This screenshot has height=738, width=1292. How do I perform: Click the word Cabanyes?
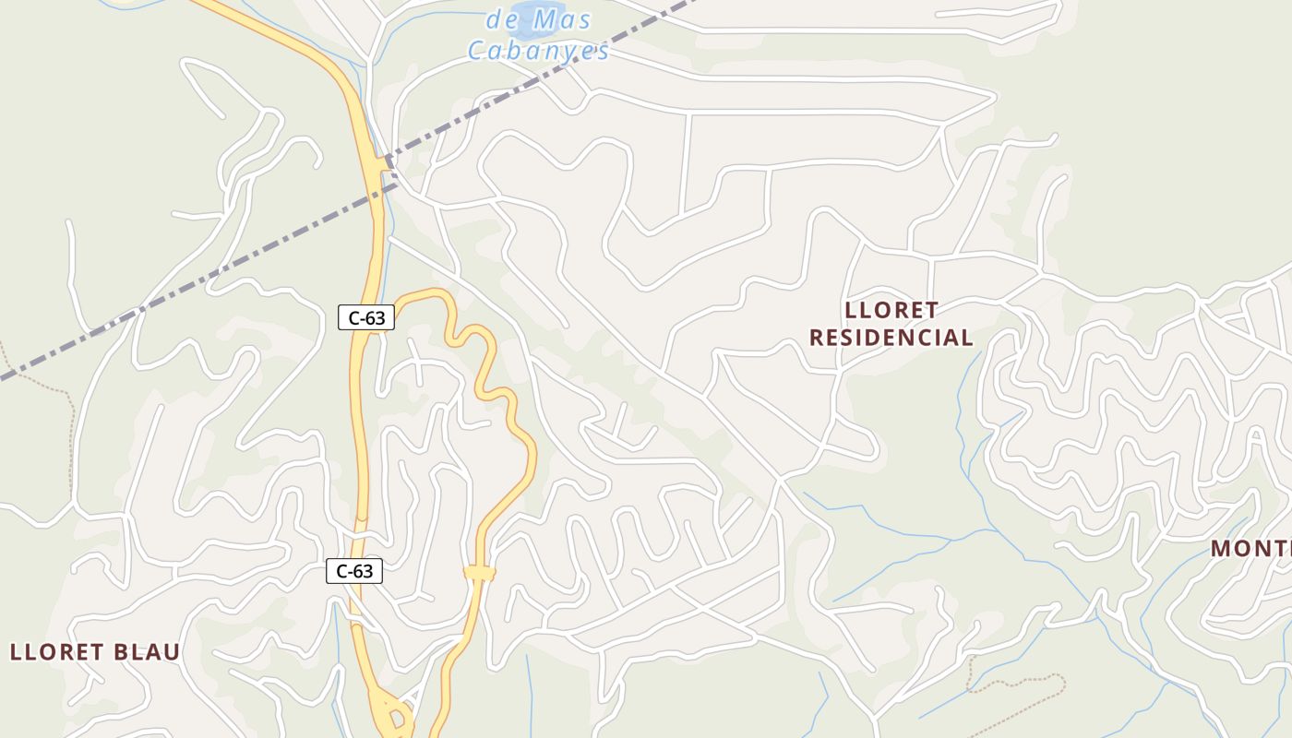click(x=538, y=50)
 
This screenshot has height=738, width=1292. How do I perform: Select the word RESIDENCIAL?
click(x=891, y=338)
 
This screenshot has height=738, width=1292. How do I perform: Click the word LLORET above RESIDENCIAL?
click(x=891, y=310)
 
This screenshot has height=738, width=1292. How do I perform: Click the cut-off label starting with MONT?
click(x=1251, y=549)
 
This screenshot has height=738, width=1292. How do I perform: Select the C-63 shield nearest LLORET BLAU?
click(x=354, y=571)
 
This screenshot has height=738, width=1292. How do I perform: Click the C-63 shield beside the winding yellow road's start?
click(x=366, y=318)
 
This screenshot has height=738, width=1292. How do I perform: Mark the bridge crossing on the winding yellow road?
click(x=480, y=573)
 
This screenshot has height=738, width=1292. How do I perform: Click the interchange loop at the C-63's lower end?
click(x=396, y=716)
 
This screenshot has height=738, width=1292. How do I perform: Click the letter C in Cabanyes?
click(x=477, y=50)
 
